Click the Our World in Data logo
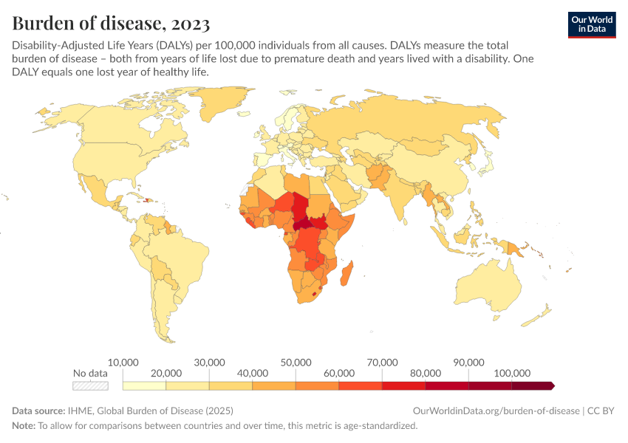pyautogui.click(x=591, y=24)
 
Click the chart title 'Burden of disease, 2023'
pyautogui.click(x=111, y=22)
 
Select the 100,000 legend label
pyautogui.click(x=512, y=374)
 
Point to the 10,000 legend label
pyautogui.click(x=123, y=363)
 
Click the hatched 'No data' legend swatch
pyautogui.click(x=90, y=385)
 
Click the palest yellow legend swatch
pyautogui.click(x=144, y=385)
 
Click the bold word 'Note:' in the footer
pyautogui.click(x=24, y=426)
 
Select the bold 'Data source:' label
pyautogui.click(x=39, y=411)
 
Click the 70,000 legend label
pyautogui.click(x=382, y=363)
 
